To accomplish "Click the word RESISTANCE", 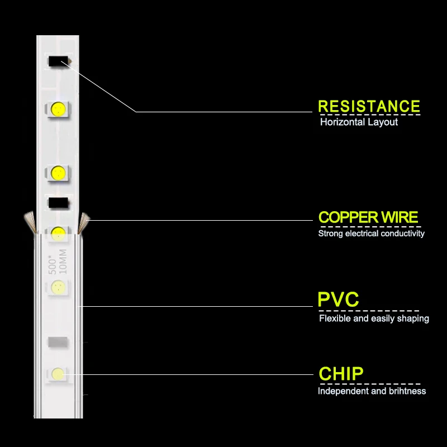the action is pyautogui.click(x=369, y=106).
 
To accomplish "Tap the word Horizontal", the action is pyautogui.click(x=342, y=122).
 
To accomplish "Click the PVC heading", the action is pyautogui.click(x=338, y=299).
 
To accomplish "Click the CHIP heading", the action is pyautogui.click(x=341, y=373).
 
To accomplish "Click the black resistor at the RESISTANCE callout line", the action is pyautogui.click(x=59, y=61).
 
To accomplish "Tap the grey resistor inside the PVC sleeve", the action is pyautogui.click(x=58, y=342).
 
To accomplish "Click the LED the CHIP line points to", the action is pyautogui.click(x=58, y=374).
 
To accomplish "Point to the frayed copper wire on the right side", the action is pyautogui.click(x=83, y=222).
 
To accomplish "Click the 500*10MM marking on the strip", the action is pyautogui.click(x=58, y=261).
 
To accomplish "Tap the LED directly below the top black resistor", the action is pyautogui.click(x=58, y=109).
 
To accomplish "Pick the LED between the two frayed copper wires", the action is pyautogui.click(x=58, y=234).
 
